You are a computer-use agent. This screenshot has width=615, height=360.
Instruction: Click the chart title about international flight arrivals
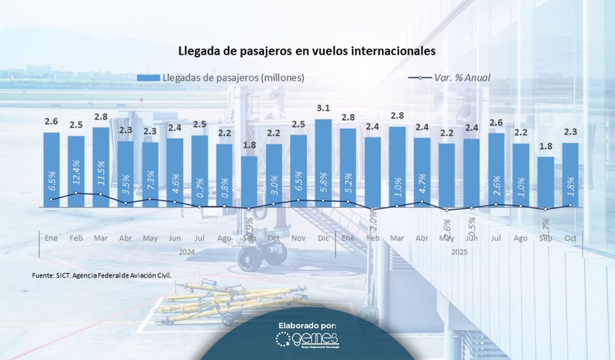(306, 52)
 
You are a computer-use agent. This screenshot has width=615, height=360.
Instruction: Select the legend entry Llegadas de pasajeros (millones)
(221, 78)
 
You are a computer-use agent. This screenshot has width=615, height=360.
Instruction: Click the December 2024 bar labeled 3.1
(323, 162)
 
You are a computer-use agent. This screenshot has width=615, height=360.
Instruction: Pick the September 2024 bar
(249, 182)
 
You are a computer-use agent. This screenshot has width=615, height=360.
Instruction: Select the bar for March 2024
(101, 167)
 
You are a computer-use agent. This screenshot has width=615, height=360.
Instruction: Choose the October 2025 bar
(570, 174)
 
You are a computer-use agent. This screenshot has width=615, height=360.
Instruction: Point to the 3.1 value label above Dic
(323, 109)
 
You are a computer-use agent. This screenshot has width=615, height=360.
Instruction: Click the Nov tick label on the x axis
(298, 239)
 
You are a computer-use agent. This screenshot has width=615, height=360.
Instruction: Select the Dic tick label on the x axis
(323, 239)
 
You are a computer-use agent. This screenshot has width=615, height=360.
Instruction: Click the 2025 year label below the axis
(459, 252)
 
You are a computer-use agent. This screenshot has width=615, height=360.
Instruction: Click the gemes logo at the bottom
(307, 341)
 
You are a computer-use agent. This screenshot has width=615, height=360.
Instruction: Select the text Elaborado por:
(307, 325)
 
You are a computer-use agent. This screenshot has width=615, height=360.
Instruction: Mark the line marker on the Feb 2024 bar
(76, 193)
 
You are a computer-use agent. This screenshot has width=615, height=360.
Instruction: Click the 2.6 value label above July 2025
(496, 123)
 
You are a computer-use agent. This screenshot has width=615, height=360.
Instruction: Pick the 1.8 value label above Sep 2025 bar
(545, 147)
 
